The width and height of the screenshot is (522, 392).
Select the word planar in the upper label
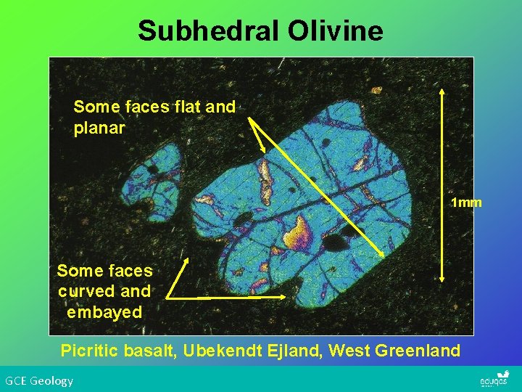click(99, 128)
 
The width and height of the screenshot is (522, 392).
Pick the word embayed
click(104, 312)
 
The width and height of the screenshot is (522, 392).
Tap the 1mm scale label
click(466, 203)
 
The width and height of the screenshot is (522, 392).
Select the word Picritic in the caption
click(91, 351)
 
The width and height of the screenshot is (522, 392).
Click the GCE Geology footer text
click(39, 380)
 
